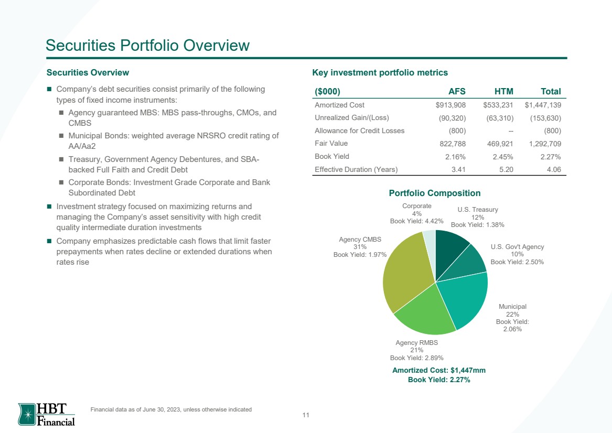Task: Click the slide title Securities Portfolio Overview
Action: (x=147, y=45)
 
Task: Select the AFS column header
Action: (x=457, y=91)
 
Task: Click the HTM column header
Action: (x=503, y=91)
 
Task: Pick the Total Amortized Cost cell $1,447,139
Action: (x=543, y=105)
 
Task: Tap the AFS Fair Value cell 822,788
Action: (x=453, y=144)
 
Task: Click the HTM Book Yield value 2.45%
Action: (x=502, y=157)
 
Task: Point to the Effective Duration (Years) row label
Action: (x=356, y=169)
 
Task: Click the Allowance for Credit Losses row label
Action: (x=359, y=131)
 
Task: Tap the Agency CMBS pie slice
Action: (x=404, y=273)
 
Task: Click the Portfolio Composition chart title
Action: (x=434, y=193)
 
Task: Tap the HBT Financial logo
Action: (x=47, y=414)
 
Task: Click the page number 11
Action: (x=306, y=415)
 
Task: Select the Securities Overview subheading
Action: (x=88, y=72)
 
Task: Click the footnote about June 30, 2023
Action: (x=171, y=409)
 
